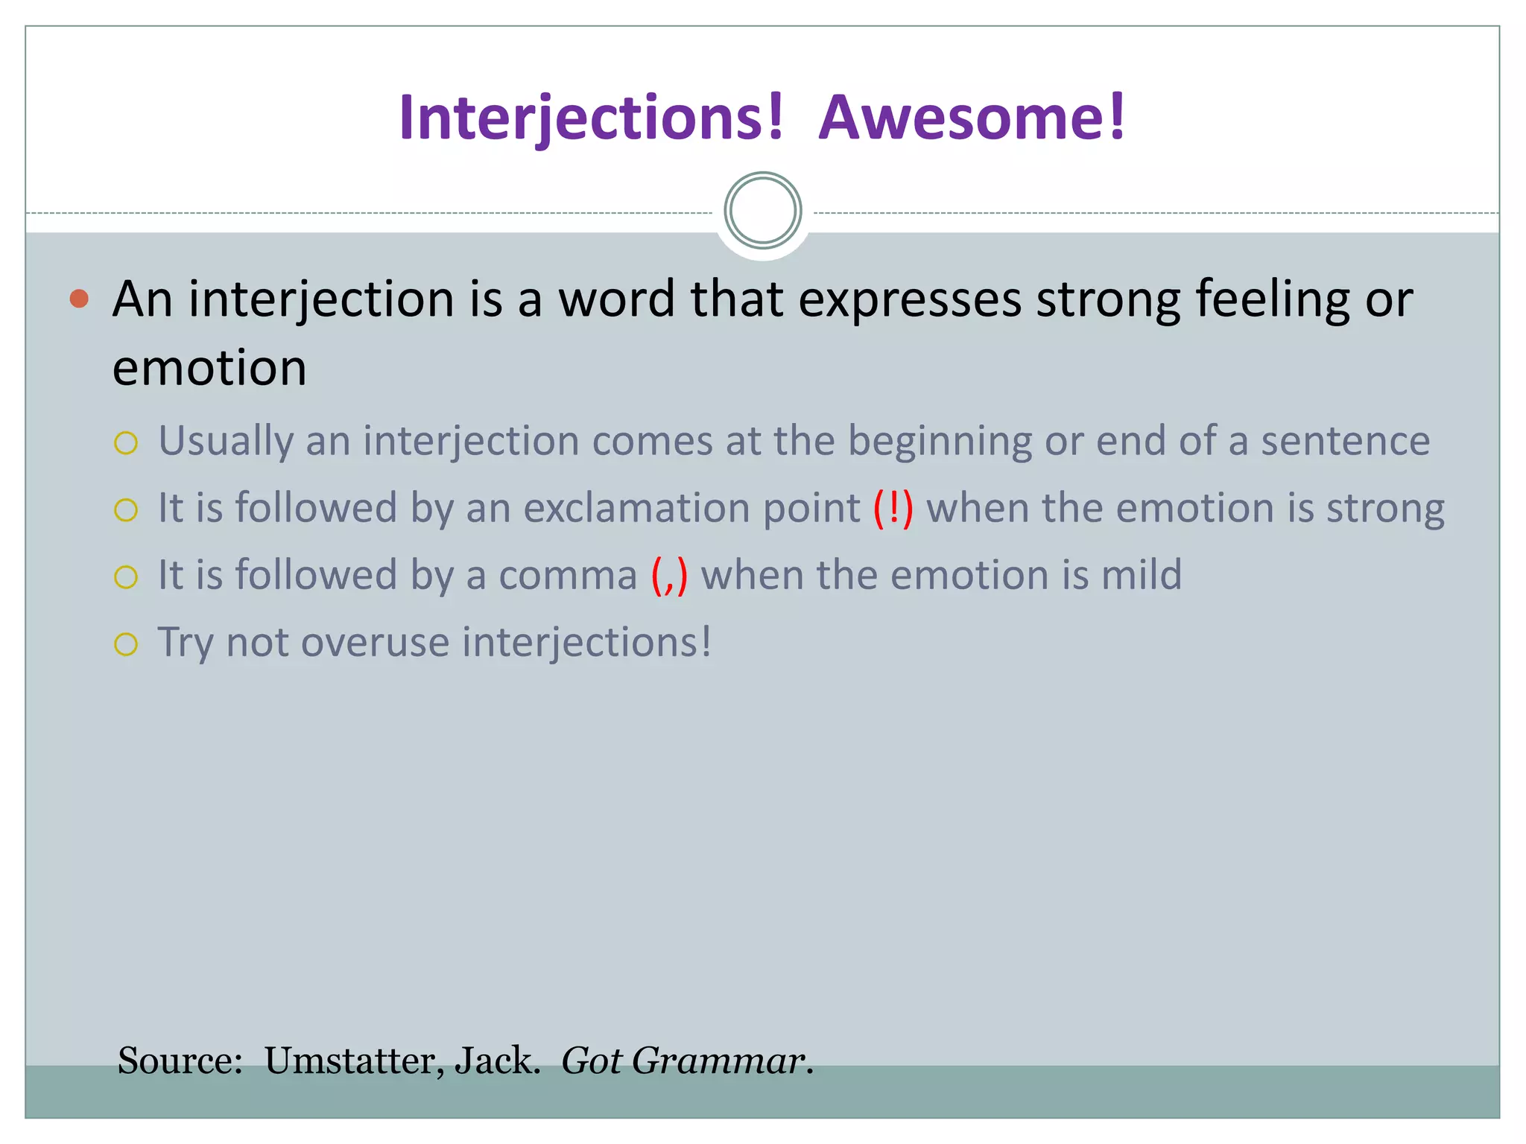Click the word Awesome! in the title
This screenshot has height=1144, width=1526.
tap(972, 118)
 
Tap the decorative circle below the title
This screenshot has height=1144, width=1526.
tap(762, 211)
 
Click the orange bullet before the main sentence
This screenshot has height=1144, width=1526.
tap(79, 299)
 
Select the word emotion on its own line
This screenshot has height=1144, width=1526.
tap(209, 368)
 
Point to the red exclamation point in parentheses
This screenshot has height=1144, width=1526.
tap(893, 508)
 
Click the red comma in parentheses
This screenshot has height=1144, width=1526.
tap(669, 576)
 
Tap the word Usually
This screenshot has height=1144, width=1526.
tap(226, 441)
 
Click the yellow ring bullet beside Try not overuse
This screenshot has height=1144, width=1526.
tap(126, 644)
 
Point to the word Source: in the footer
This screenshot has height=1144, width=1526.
tap(180, 1060)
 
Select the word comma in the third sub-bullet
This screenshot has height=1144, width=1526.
tap(568, 576)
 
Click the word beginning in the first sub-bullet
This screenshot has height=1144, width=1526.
tap(940, 441)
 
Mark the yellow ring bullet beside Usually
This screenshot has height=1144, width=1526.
tap(126, 443)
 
